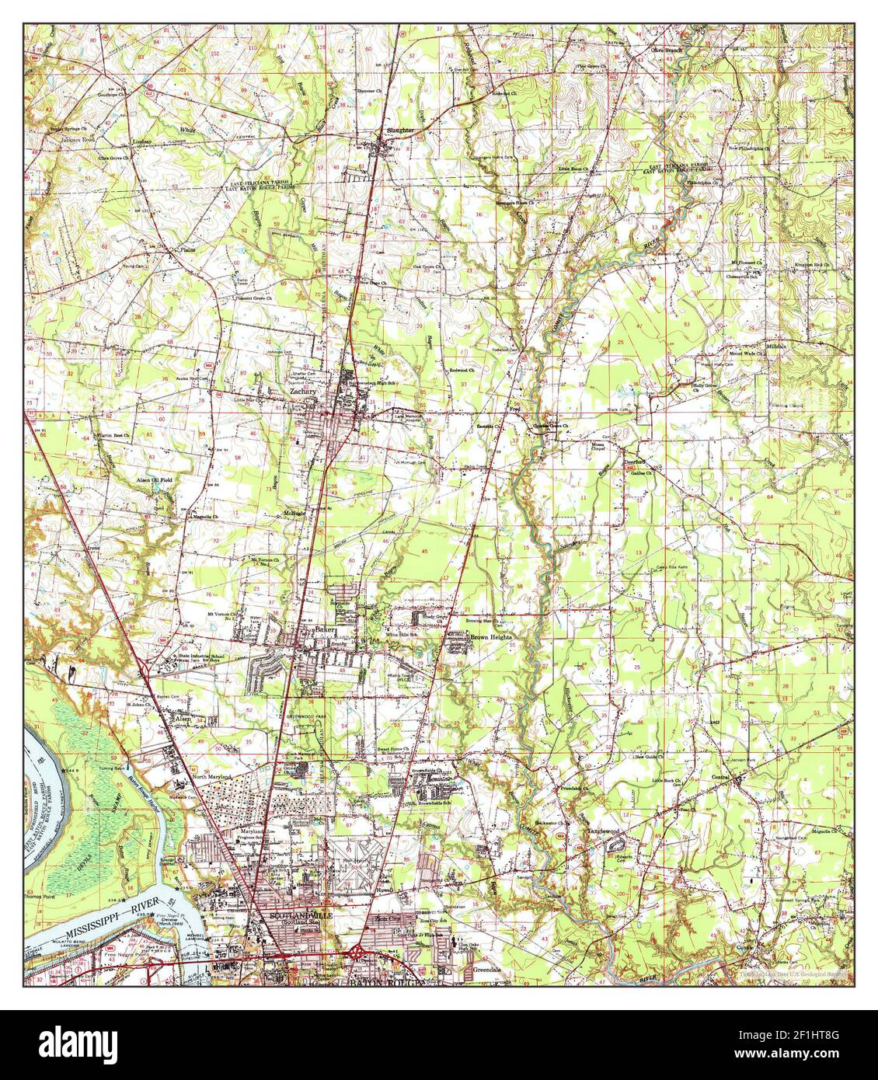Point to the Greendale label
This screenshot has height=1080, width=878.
coord(488,971)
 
